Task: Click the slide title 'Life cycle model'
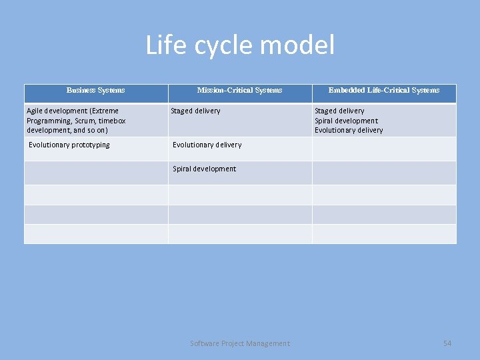(240, 46)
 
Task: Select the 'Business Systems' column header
(95, 90)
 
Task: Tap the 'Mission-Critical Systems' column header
(239, 90)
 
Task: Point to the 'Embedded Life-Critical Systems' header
(384, 90)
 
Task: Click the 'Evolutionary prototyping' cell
(69, 145)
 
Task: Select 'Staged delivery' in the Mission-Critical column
(195, 111)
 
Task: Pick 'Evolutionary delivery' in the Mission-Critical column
(207, 145)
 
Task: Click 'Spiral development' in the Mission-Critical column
(204, 169)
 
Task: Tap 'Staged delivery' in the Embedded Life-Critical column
(339, 111)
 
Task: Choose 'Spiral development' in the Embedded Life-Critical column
(346, 121)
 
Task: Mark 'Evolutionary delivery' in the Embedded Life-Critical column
(349, 131)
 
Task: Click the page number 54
(447, 343)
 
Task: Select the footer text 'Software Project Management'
(240, 343)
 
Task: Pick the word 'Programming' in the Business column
(49, 121)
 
